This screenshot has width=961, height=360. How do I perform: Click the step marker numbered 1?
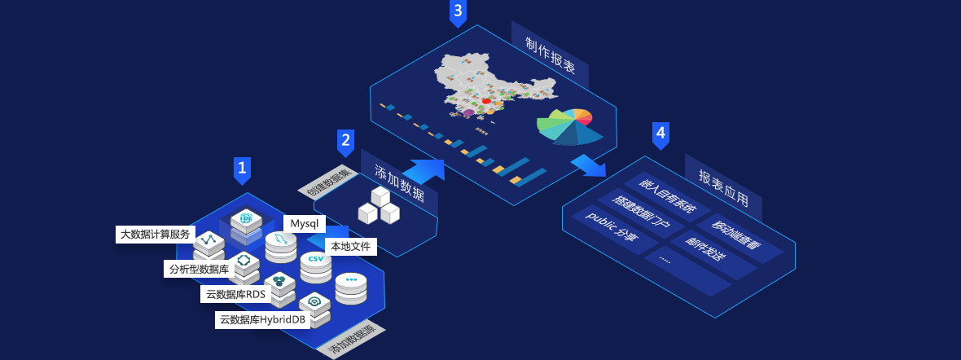(242, 169)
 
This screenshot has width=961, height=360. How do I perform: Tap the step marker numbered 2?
(345, 142)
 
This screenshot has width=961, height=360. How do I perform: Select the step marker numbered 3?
(459, 11)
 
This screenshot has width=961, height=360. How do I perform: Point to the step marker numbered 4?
(660, 134)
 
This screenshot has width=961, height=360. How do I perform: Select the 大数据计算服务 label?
(155, 235)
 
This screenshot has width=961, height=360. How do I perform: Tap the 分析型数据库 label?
(199, 269)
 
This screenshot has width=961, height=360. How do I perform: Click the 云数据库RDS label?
(236, 294)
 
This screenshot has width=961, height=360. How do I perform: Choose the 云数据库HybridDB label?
(262, 320)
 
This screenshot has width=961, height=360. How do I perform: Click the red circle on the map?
(486, 101)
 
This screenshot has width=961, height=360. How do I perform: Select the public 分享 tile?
(612, 230)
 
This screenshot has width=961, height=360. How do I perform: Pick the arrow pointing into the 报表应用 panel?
(589, 165)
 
